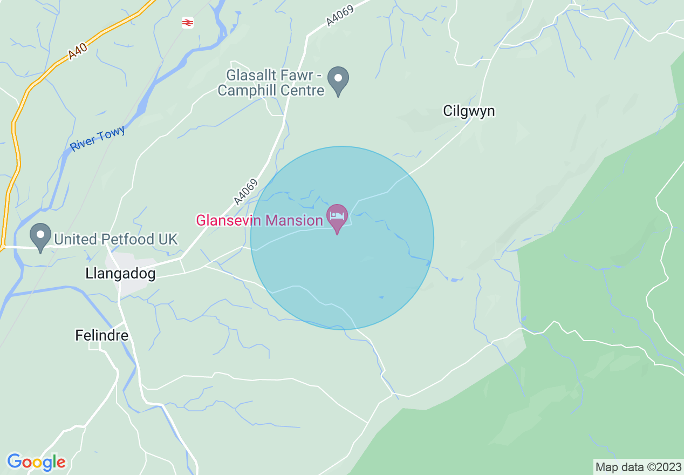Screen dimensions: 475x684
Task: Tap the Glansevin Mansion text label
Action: click(x=259, y=220)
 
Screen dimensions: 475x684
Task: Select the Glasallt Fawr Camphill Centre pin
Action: click(x=338, y=79)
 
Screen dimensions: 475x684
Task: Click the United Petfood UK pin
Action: click(x=40, y=236)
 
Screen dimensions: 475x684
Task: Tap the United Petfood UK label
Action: click(x=116, y=239)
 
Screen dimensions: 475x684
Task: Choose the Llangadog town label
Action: click(x=120, y=274)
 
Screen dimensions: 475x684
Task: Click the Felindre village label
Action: click(x=101, y=336)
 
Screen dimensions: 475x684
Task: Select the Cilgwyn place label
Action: click(x=469, y=111)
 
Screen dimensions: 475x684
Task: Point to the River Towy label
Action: click(x=98, y=138)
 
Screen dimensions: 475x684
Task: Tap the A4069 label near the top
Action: click(x=339, y=14)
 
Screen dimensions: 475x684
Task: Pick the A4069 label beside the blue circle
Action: click(x=245, y=192)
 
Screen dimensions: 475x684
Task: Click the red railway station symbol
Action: click(x=187, y=23)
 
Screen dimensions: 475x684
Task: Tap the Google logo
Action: click(x=36, y=462)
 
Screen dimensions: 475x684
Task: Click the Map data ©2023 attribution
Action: click(x=638, y=467)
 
